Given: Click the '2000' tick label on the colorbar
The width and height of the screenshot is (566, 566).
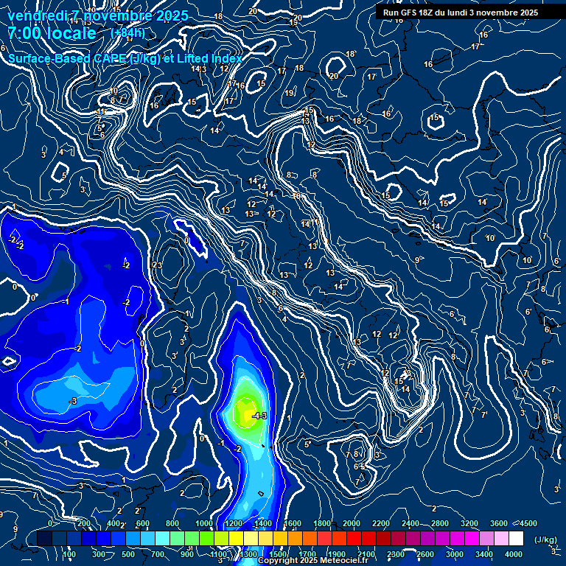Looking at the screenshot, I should click(x=352, y=523).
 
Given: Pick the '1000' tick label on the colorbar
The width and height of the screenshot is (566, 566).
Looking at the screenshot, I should click(x=204, y=523).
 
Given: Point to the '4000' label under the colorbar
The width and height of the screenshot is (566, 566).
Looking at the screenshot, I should click(x=514, y=554).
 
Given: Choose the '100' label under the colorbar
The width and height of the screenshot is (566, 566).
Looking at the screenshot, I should click(x=70, y=554).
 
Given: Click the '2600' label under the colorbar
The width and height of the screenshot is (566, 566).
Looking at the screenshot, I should click(x=424, y=554).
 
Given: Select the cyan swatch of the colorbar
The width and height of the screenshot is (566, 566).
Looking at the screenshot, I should click(x=161, y=539).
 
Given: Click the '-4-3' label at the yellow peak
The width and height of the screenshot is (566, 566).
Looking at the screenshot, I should click(x=259, y=416).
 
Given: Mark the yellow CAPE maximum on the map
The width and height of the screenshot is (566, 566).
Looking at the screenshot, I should click(x=245, y=410).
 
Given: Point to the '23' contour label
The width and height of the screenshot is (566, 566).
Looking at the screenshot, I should click(x=157, y=265).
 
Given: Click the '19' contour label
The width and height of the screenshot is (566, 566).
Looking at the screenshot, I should click(x=290, y=94).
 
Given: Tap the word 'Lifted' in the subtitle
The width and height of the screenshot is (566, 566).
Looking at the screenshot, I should click(x=194, y=59).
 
